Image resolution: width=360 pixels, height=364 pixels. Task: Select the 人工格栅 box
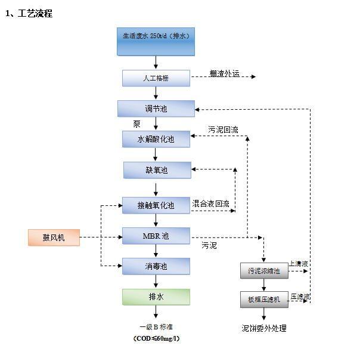point(156,78)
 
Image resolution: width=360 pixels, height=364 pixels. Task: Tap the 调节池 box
point(156,109)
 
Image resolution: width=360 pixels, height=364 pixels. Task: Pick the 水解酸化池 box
point(156,139)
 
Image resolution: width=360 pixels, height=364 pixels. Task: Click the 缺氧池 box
point(157,170)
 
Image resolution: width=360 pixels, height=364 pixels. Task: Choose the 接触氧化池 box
point(156,205)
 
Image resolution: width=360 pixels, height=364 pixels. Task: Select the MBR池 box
point(156,236)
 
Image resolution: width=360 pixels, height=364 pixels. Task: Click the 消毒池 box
point(156,266)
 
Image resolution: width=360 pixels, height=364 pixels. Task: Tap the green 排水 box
point(156,297)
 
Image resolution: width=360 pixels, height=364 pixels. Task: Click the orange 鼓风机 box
point(54,237)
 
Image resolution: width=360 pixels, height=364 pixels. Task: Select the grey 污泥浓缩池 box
point(263,270)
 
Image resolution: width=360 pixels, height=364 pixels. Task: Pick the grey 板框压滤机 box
point(263,300)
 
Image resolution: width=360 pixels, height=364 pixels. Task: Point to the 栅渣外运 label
point(224,74)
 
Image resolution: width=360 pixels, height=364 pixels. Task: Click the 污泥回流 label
point(223,129)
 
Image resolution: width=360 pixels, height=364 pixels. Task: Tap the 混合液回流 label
point(211,203)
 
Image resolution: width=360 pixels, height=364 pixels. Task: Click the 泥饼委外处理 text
point(263,328)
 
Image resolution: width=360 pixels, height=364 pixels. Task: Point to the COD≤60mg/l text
point(156,338)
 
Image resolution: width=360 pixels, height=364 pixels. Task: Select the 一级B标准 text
point(156,327)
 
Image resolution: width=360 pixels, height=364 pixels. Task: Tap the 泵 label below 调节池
point(136,124)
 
